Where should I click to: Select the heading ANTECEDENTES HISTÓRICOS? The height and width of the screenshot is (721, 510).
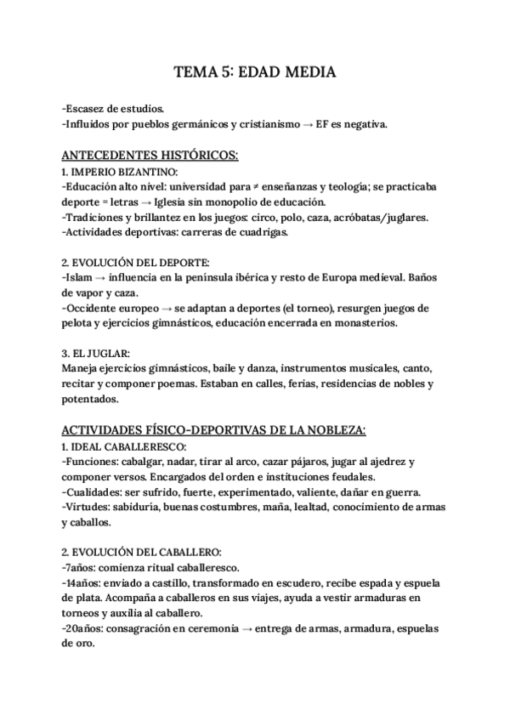(x=150, y=156)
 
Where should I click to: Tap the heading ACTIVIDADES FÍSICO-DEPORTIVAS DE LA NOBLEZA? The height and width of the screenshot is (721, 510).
(x=214, y=430)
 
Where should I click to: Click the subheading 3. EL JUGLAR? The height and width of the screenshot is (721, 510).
(x=97, y=353)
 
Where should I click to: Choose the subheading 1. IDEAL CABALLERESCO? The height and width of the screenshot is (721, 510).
(x=123, y=446)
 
